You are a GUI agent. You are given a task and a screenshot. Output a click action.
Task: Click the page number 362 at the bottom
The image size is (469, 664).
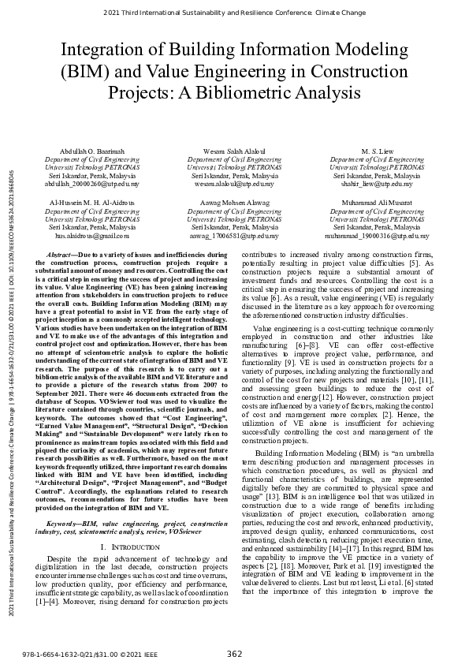pos(234,653)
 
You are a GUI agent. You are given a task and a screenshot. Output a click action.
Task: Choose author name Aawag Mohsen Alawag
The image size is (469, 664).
pos(234,203)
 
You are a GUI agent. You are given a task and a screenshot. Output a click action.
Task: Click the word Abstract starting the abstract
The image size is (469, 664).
pos(62,256)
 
